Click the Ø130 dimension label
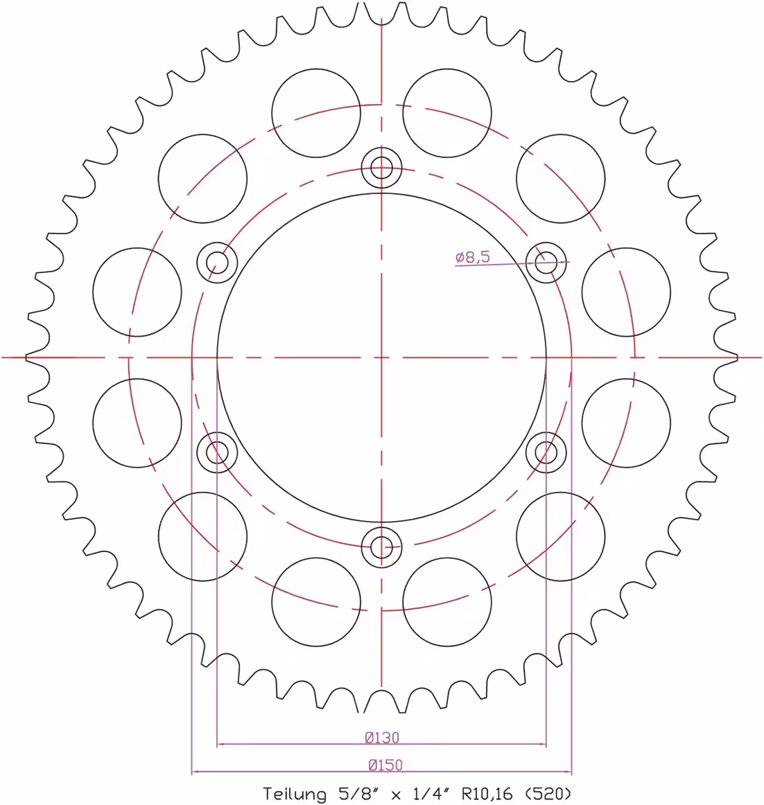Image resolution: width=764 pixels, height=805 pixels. point(382,737)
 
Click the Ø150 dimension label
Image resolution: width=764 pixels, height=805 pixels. point(385,765)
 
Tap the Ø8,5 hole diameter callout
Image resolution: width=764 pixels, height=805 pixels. point(473,257)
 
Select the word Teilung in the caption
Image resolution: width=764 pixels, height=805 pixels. point(295,794)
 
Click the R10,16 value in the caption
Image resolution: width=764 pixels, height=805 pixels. point(487,794)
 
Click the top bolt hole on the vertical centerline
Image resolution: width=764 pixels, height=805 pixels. point(381,168)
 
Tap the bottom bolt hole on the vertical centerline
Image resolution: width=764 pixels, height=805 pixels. point(381,547)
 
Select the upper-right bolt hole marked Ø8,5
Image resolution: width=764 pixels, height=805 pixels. point(546,263)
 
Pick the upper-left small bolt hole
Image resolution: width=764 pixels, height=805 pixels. point(217,263)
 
